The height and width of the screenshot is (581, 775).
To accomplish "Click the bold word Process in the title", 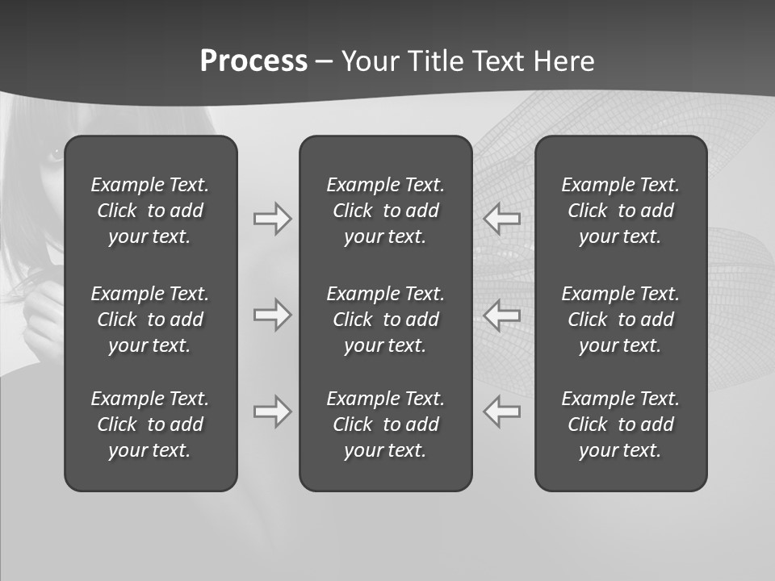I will point(253,61).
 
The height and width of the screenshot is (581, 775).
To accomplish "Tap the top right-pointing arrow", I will point(272,219).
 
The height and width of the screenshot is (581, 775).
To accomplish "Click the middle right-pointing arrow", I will point(272,315).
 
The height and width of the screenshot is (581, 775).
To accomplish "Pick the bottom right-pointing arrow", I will point(272,412).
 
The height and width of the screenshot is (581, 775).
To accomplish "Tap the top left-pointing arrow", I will point(502,219).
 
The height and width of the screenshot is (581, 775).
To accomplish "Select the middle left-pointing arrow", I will point(502,315).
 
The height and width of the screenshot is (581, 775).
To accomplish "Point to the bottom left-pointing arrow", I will point(502,412).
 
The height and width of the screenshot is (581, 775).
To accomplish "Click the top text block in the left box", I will point(150,211).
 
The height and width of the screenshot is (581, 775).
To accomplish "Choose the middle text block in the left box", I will point(150,320).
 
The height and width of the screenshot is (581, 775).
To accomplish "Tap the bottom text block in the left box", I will point(150,424).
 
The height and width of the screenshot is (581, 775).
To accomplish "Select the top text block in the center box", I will point(386,211).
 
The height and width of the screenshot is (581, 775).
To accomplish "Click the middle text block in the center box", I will point(386,320).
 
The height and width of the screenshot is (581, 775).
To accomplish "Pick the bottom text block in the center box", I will point(386,424).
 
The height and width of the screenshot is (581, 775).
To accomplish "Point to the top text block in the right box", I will point(621,211).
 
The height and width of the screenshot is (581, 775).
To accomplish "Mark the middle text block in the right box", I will point(621,320).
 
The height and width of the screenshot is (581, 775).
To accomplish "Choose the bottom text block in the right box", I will point(621,424).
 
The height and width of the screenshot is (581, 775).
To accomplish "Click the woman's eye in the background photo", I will point(54,154).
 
